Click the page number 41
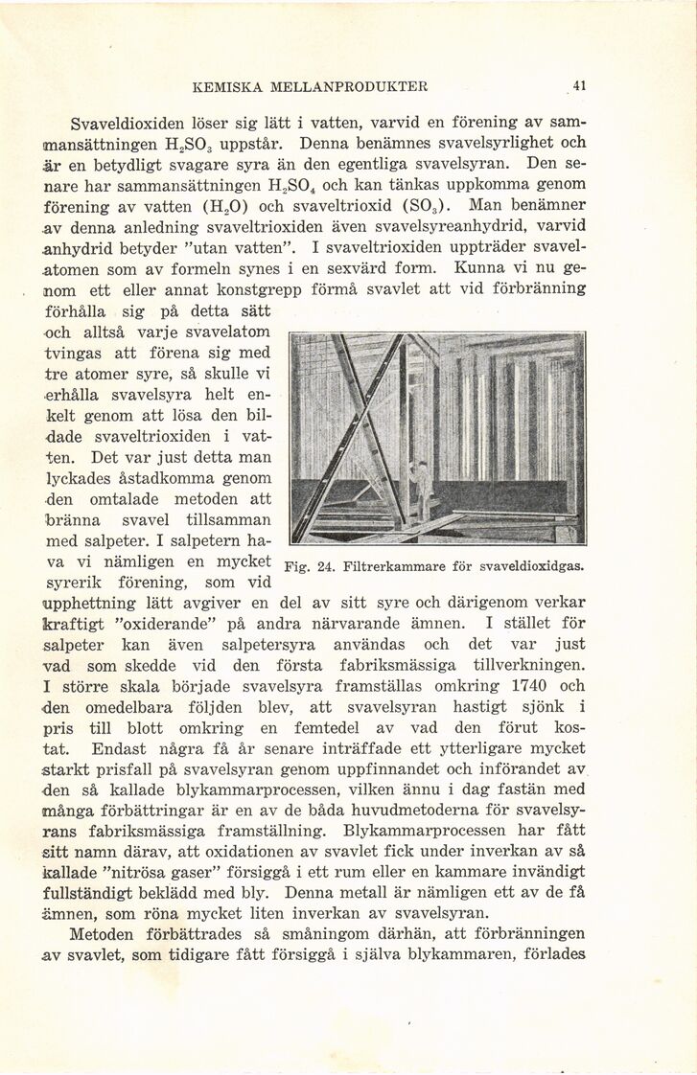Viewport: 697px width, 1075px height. pos(579,84)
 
